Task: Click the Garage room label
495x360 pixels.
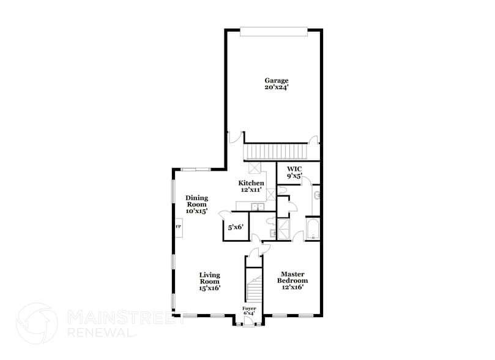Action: [x=276, y=80]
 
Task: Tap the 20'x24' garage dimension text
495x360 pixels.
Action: [x=276, y=88]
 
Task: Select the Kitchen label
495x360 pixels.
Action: [x=251, y=183]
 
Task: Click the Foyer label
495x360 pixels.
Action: [x=249, y=308]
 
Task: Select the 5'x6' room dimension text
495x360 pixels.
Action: [x=236, y=227]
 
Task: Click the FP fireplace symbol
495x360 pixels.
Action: [x=179, y=227]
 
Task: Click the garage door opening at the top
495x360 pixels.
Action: [x=272, y=31]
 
